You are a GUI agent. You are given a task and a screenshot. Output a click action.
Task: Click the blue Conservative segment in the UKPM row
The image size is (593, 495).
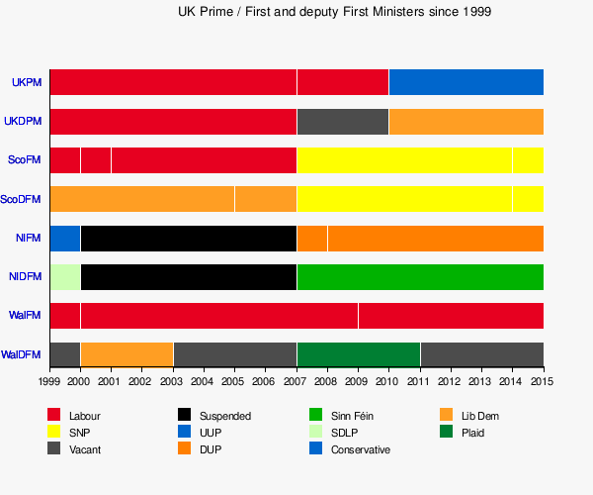click(466, 82)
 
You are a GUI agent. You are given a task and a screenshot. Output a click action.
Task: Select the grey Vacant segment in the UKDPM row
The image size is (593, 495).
click(342, 121)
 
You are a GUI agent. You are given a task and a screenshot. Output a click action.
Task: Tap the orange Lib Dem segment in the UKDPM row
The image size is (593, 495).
click(466, 121)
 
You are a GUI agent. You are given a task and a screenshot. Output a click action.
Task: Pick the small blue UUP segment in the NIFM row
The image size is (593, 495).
click(64, 238)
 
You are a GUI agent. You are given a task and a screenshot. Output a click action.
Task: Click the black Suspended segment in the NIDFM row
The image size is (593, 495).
click(188, 276)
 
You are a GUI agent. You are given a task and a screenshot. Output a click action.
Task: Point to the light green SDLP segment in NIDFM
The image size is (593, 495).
click(64, 276)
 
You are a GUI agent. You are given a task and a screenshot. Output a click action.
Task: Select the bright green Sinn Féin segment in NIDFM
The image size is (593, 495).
click(420, 276)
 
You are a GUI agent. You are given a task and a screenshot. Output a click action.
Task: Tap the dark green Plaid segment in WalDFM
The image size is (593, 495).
click(358, 353)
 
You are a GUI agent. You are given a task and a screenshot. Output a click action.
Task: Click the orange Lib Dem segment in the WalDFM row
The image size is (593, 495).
click(127, 353)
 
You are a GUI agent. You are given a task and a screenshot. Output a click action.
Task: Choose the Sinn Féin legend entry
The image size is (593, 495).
click(352, 416)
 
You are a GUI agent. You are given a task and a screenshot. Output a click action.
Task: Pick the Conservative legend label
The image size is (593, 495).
click(360, 449)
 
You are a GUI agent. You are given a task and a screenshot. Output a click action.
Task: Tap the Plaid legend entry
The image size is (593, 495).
click(472, 433)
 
